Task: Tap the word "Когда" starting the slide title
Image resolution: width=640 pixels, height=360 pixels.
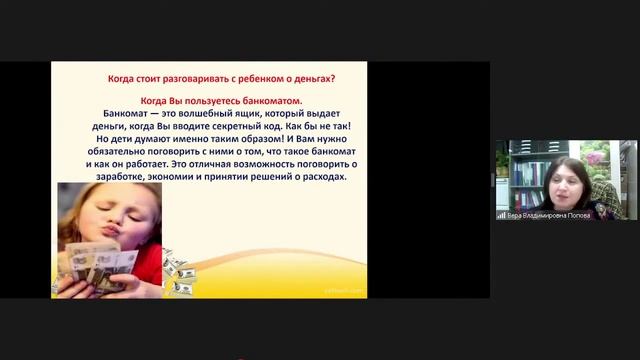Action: coord(121,79)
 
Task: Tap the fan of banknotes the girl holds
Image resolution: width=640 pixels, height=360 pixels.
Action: coord(95,262)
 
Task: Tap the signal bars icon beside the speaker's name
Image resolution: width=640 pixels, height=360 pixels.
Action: coord(501,215)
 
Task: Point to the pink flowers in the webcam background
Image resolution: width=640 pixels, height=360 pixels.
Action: coord(595,157)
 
